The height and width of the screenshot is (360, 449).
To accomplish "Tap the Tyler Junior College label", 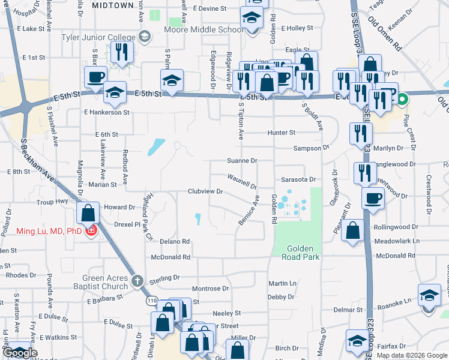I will coord(99,37).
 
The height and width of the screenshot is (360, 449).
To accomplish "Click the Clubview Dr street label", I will coord(205,191).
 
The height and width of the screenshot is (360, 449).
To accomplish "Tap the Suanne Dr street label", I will coord(242,161).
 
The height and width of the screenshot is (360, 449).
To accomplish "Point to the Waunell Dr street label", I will coord(242,181).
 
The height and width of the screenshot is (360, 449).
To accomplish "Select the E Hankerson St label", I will coord(107,112).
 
